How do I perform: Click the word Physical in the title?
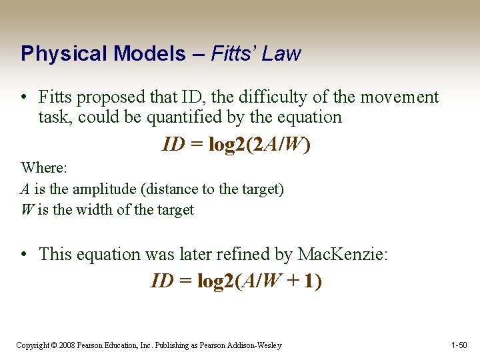point(59,53)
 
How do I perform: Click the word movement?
point(399,97)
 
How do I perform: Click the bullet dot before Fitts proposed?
point(23,98)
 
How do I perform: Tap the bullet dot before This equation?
point(23,255)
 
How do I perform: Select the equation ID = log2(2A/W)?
point(236,145)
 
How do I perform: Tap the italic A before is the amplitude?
point(25,189)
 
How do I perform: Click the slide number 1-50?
point(459,345)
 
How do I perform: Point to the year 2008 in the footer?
point(67,345)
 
